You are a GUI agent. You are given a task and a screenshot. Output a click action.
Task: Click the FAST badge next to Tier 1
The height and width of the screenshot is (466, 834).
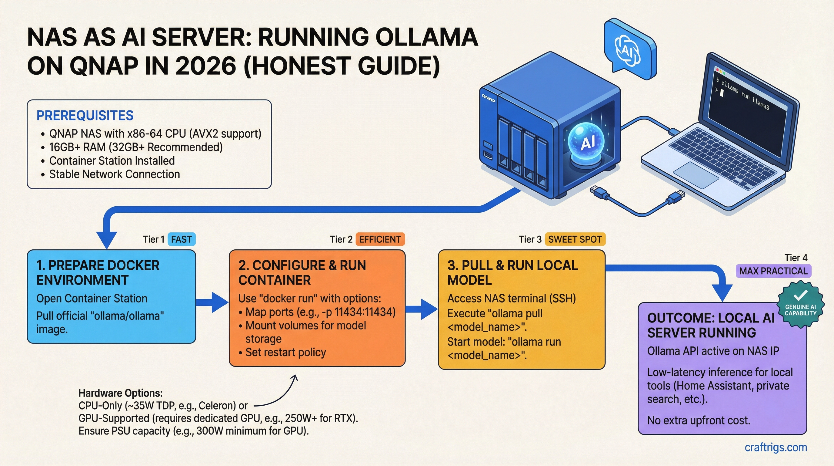(181, 239)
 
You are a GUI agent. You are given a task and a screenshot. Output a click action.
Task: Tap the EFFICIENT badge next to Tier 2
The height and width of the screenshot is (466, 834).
(380, 239)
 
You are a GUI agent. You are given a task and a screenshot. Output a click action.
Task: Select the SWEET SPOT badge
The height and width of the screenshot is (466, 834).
(575, 239)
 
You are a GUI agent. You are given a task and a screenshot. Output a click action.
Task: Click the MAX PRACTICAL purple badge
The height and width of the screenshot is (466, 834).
(773, 271)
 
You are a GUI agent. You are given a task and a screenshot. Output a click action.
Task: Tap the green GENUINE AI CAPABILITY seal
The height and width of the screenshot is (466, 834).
(800, 305)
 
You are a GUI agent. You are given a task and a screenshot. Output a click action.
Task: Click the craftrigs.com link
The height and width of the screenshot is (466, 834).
(776, 447)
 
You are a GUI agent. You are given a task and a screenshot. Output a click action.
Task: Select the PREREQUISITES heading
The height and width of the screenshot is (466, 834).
(85, 115)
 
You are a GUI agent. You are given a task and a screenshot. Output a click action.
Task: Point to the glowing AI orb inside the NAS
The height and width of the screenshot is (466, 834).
(586, 142)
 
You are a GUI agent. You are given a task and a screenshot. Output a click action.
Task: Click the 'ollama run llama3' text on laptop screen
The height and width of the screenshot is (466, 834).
(745, 96)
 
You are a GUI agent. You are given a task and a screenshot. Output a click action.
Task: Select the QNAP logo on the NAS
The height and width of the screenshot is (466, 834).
(488, 98)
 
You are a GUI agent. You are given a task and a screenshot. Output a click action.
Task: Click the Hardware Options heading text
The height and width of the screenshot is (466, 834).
(120, 393)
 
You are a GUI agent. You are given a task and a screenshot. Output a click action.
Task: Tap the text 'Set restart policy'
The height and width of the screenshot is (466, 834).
(285, 352)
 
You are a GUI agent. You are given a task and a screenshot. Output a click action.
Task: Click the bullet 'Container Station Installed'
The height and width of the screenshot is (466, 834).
(112, 161)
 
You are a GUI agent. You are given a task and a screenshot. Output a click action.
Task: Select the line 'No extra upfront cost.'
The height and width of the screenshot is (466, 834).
(698, 420)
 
